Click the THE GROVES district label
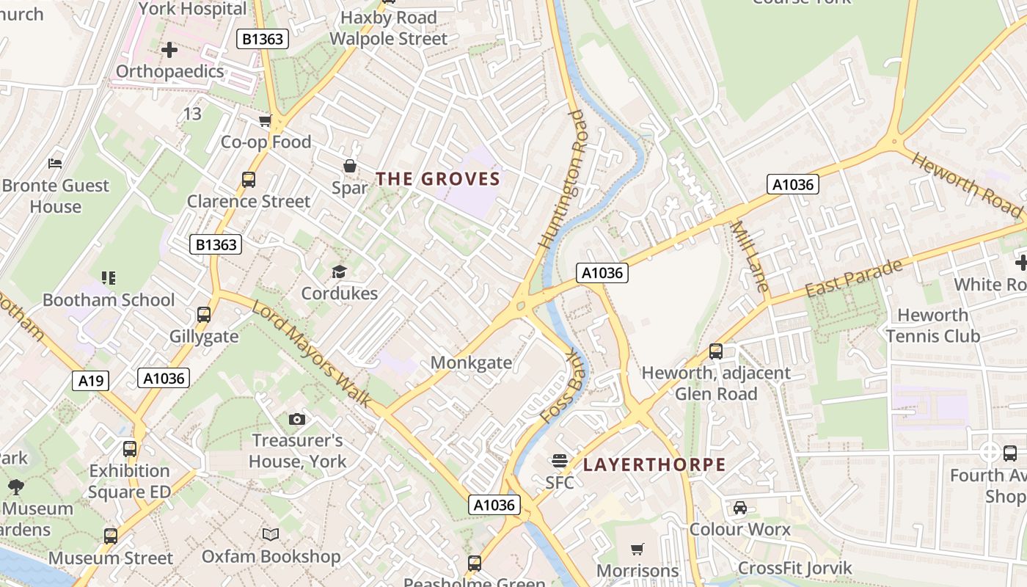[438, 179]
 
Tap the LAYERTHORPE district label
[654, 464]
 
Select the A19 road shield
[91, 380]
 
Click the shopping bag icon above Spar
[350, 167]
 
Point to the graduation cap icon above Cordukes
[339, 272]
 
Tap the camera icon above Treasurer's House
[296, 419]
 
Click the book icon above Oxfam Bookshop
[271, 534]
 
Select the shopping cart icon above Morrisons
[637, 549]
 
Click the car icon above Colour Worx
[739, 508]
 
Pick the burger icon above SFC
[559, 461]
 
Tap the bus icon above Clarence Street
[249, 179]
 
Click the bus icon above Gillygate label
[204, 315]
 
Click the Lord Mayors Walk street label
[313, 352]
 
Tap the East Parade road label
[854, 278]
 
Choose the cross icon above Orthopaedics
[169, 50]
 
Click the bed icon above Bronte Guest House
[55, 163]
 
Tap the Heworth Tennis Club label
[932, 326]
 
